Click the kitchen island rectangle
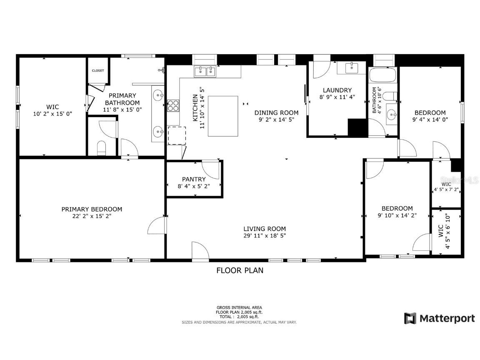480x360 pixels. pos(223,116)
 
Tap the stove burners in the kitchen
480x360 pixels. pos(173,105)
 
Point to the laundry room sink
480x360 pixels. pos(352,67)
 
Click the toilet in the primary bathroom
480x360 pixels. pos(102,147)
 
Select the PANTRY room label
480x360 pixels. pos(194,179)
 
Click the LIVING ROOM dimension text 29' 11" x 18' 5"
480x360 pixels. pos(265,235)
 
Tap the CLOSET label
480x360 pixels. pos(98,71)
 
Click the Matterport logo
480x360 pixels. pos(440,319)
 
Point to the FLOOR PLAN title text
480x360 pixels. pos(240,270)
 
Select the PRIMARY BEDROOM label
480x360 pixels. pos(92,209)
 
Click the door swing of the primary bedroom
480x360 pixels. pos(157,225)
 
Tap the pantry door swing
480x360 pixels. pos(210,169)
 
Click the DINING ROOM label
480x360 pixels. pos(276,112)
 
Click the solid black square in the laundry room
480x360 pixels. pos(357,127)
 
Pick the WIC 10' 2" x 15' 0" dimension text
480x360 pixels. pos(53,113)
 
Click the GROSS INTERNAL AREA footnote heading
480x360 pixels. pos(239,307)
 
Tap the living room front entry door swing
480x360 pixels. pos(200,251)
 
